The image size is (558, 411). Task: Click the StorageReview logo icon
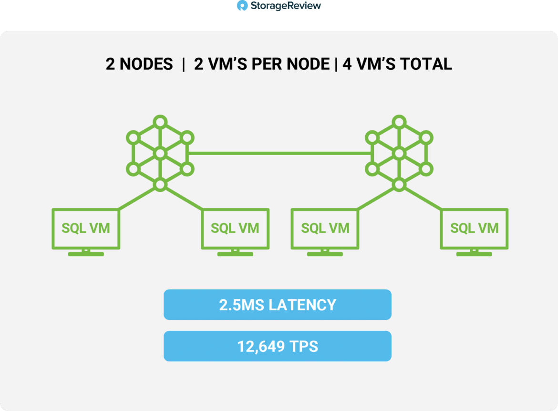click(242, 6)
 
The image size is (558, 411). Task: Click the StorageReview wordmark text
click(286, 6)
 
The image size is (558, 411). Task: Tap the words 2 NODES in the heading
click(139, 64)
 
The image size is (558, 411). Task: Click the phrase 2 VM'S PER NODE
click(262, 64)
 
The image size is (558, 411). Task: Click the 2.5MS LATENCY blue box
click(278, 305)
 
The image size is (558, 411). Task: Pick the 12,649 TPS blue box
click(278, 346)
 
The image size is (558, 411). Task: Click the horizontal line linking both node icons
click(279, 154)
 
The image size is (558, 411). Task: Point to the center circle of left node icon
click(160, 154)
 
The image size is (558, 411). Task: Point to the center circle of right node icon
click(399, 154)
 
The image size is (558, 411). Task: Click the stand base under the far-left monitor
click(86, 254)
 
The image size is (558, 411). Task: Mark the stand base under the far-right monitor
click(475, 254)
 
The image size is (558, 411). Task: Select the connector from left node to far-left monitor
click(137, 199)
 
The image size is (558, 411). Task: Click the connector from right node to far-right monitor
click(423, 199)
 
